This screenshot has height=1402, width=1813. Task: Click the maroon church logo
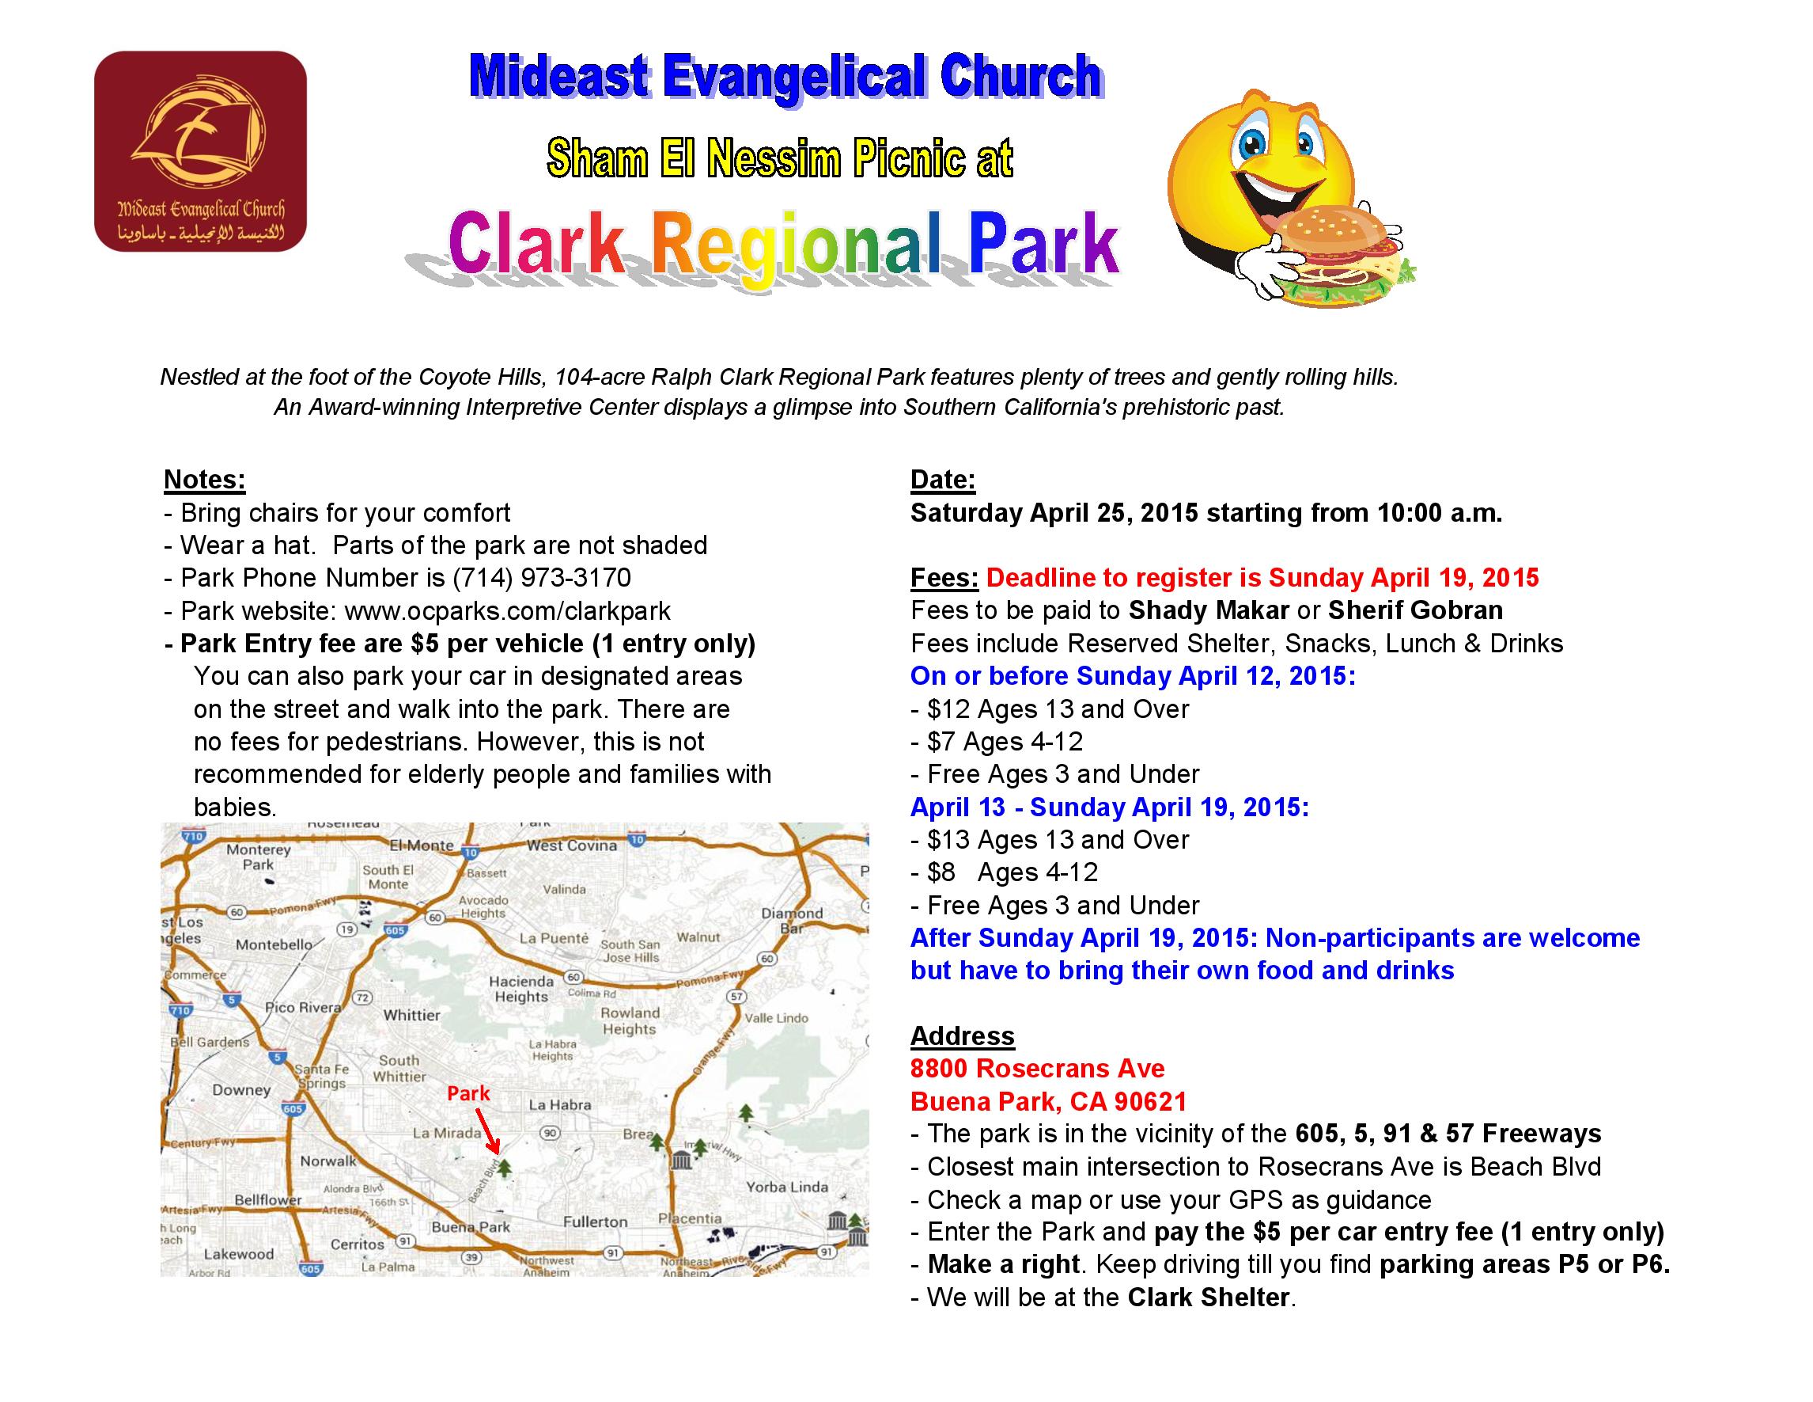pos(200,151)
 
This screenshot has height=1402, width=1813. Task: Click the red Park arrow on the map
pos(487,1131)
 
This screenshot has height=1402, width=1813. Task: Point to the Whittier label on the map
pos(412,1015)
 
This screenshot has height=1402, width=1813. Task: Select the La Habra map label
pos(560,1104)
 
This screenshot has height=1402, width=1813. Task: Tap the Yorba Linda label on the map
pos(787,1187)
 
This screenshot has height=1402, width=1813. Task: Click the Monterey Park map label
pos(258,857)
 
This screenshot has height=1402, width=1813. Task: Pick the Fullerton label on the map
pos(595,1222)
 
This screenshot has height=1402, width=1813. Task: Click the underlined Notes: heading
pos(204,479)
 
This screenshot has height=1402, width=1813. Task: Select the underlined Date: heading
pos(943,479)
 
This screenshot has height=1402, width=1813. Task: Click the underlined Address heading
pos(962,1035)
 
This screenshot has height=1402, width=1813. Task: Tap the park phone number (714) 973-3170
pos(541,577)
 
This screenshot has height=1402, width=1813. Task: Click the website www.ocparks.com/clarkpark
pos(507,610)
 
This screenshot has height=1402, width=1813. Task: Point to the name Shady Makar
pos(1209,610)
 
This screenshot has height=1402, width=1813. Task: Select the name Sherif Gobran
pos(1415,610)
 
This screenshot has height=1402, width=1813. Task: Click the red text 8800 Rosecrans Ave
pos(1038,1068)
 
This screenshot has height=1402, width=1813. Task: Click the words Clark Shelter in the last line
pos(1209,1298)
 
